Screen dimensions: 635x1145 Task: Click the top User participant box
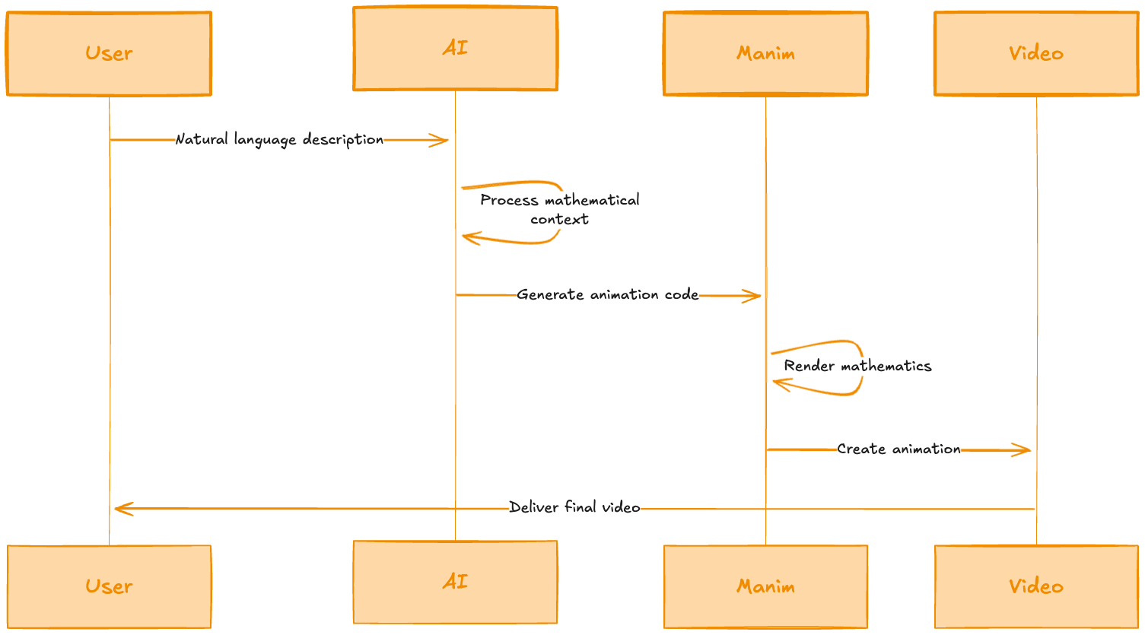109,53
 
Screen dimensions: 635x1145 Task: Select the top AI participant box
455,49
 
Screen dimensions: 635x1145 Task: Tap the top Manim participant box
765,53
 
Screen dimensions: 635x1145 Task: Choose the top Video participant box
1036,53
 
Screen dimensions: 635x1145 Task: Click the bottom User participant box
109,586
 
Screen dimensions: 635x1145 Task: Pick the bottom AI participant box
455,582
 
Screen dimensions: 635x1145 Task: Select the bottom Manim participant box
765,586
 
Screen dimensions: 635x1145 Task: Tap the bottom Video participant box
1036,586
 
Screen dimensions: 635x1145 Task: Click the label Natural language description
279,139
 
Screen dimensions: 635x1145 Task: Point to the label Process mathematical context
559,209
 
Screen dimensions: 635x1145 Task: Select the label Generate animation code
607,294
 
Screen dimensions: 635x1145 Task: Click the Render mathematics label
857,366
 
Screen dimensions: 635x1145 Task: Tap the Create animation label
899,449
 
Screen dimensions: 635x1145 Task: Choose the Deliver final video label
574,507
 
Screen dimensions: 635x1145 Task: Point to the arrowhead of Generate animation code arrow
755,296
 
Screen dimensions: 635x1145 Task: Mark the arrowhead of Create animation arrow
1026,450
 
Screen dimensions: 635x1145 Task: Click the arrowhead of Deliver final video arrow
119,509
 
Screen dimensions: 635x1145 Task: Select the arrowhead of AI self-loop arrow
467,237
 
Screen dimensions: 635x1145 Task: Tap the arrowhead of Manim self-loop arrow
778,383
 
